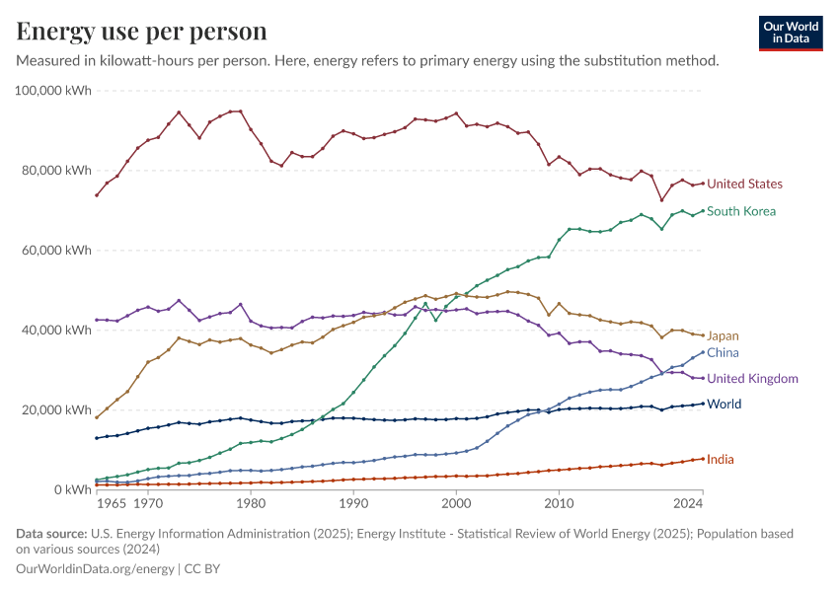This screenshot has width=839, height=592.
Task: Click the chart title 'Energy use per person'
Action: click(141, 32)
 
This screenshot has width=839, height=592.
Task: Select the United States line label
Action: click(744, 185)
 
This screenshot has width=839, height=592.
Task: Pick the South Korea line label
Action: click(741, 211)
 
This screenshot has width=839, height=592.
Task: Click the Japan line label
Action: click(723, 336)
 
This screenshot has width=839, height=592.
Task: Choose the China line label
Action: click(723, 353)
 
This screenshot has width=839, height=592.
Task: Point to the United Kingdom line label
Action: click(752, 379)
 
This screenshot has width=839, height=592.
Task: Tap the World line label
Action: click(724, 405)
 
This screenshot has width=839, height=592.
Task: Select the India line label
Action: click(720, 460)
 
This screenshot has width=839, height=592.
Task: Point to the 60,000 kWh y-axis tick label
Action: click(57, 251)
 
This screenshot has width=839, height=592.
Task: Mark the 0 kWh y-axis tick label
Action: click(72, 490)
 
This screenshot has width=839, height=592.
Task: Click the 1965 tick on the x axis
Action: click(112, 504)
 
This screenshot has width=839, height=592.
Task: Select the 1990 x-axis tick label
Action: click(353, 504)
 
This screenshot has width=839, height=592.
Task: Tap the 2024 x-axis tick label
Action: click(688, 504)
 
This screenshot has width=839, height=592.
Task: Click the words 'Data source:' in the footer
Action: click(44, 534)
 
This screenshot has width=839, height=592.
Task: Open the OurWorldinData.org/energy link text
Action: click(94, 569)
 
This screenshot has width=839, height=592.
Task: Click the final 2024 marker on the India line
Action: click(703, 459)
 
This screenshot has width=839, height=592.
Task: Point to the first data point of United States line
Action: click(97, 194)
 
